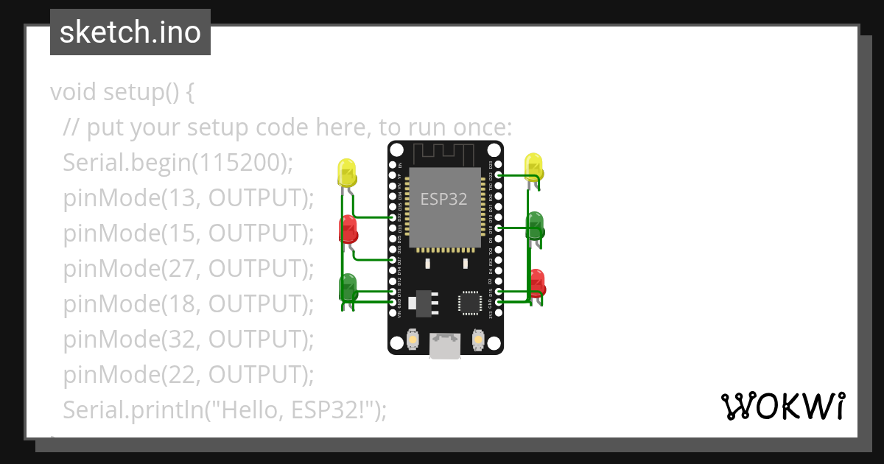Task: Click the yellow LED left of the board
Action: [x=347, y=172]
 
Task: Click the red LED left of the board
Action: [x=348, y=229]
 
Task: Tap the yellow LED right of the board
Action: [x=534, y=166]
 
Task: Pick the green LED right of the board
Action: [x=535, y=223]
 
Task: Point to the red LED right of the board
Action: [x=536, y=281]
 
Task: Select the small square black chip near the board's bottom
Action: [x=470, y=302]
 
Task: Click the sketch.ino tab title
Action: [x=130, y=32]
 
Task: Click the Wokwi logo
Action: [x=782, y=407]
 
